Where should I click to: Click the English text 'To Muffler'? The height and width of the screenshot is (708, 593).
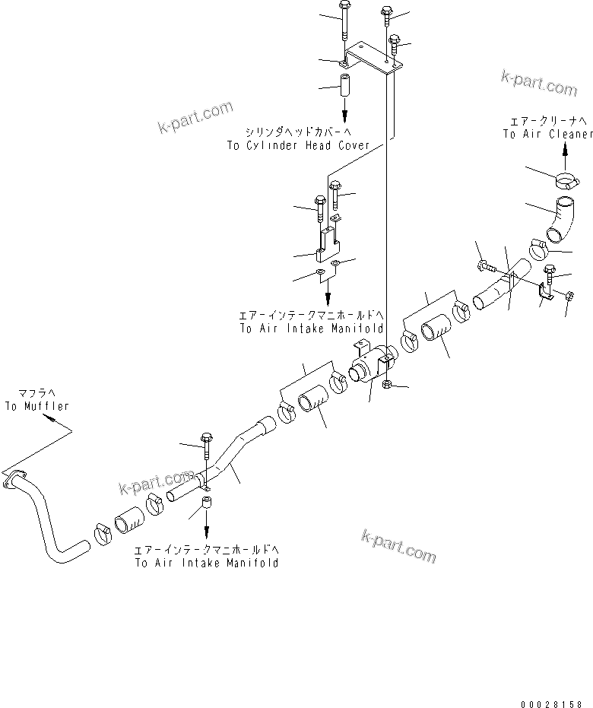click(x=36, y=406)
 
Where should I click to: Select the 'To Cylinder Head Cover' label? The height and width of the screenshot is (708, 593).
click(x=297, y=145)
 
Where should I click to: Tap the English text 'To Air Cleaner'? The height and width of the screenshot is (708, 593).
click(x=547, y=134)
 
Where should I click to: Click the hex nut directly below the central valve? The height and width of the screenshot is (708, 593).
click(x=387, y=386)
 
